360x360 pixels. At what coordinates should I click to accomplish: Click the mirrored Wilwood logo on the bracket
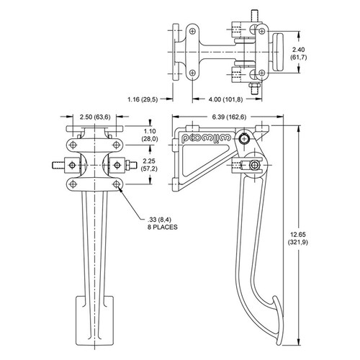tap(207, 138)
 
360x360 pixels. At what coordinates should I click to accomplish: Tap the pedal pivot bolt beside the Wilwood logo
tap(244, 139)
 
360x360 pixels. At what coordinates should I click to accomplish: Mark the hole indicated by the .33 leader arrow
tap(117, 184)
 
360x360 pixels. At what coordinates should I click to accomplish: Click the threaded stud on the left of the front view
tap(58, 165)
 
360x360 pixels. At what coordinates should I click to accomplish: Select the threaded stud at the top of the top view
tap(254, 16)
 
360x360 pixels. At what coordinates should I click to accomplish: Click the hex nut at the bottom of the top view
tap(254, 85)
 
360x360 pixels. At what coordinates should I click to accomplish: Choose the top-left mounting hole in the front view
tap(73, 145)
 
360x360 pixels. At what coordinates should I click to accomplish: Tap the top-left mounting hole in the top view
tap(192, 31)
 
